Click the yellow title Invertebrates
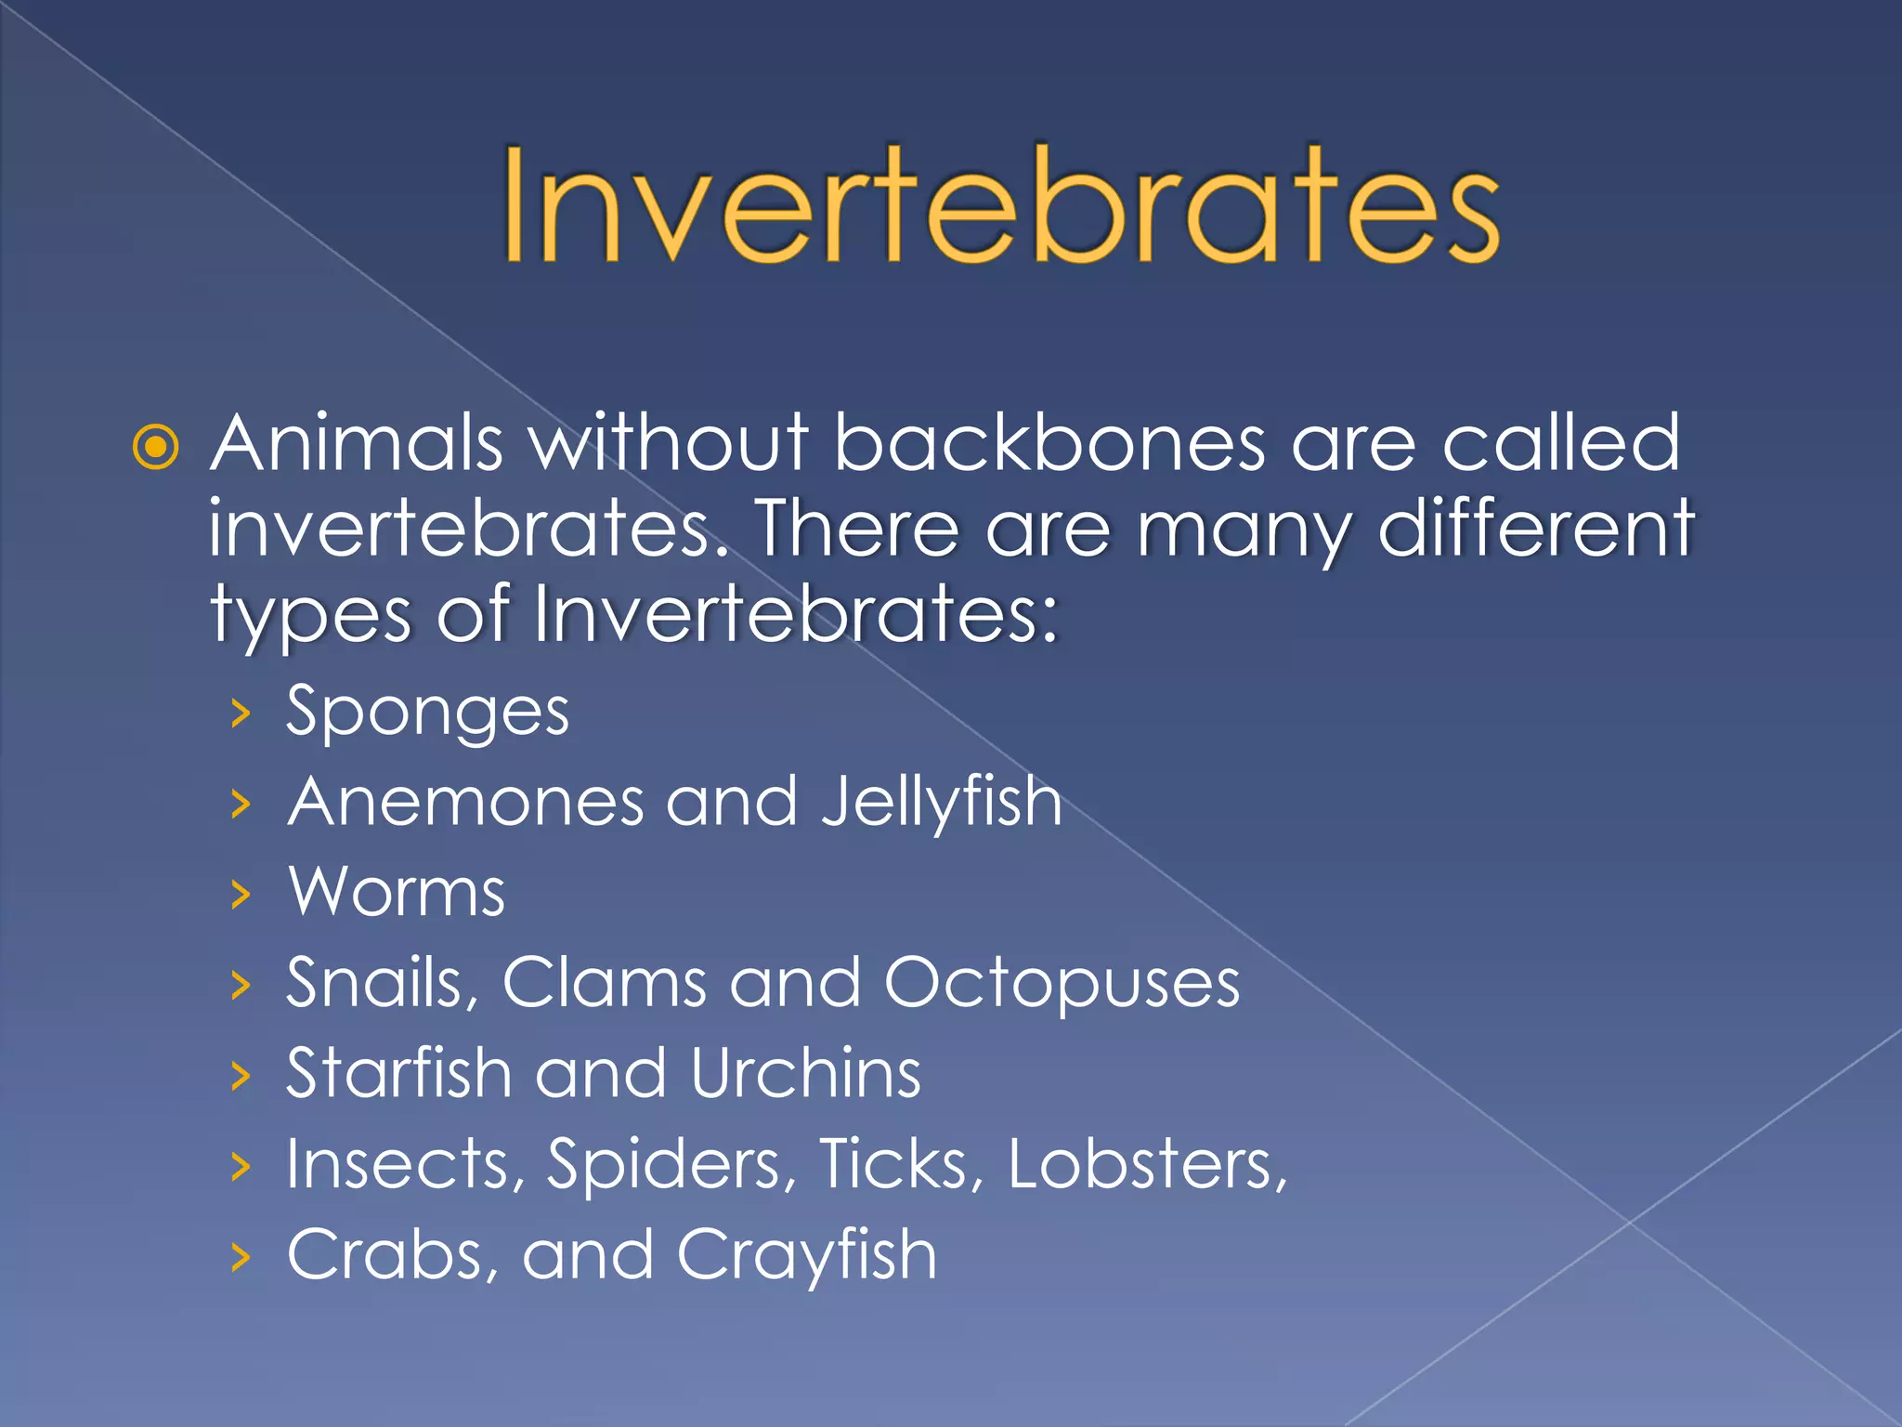(1000, 206)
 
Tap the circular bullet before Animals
(156, 448)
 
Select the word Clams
(605, 983)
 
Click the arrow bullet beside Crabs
(241, 1257)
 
